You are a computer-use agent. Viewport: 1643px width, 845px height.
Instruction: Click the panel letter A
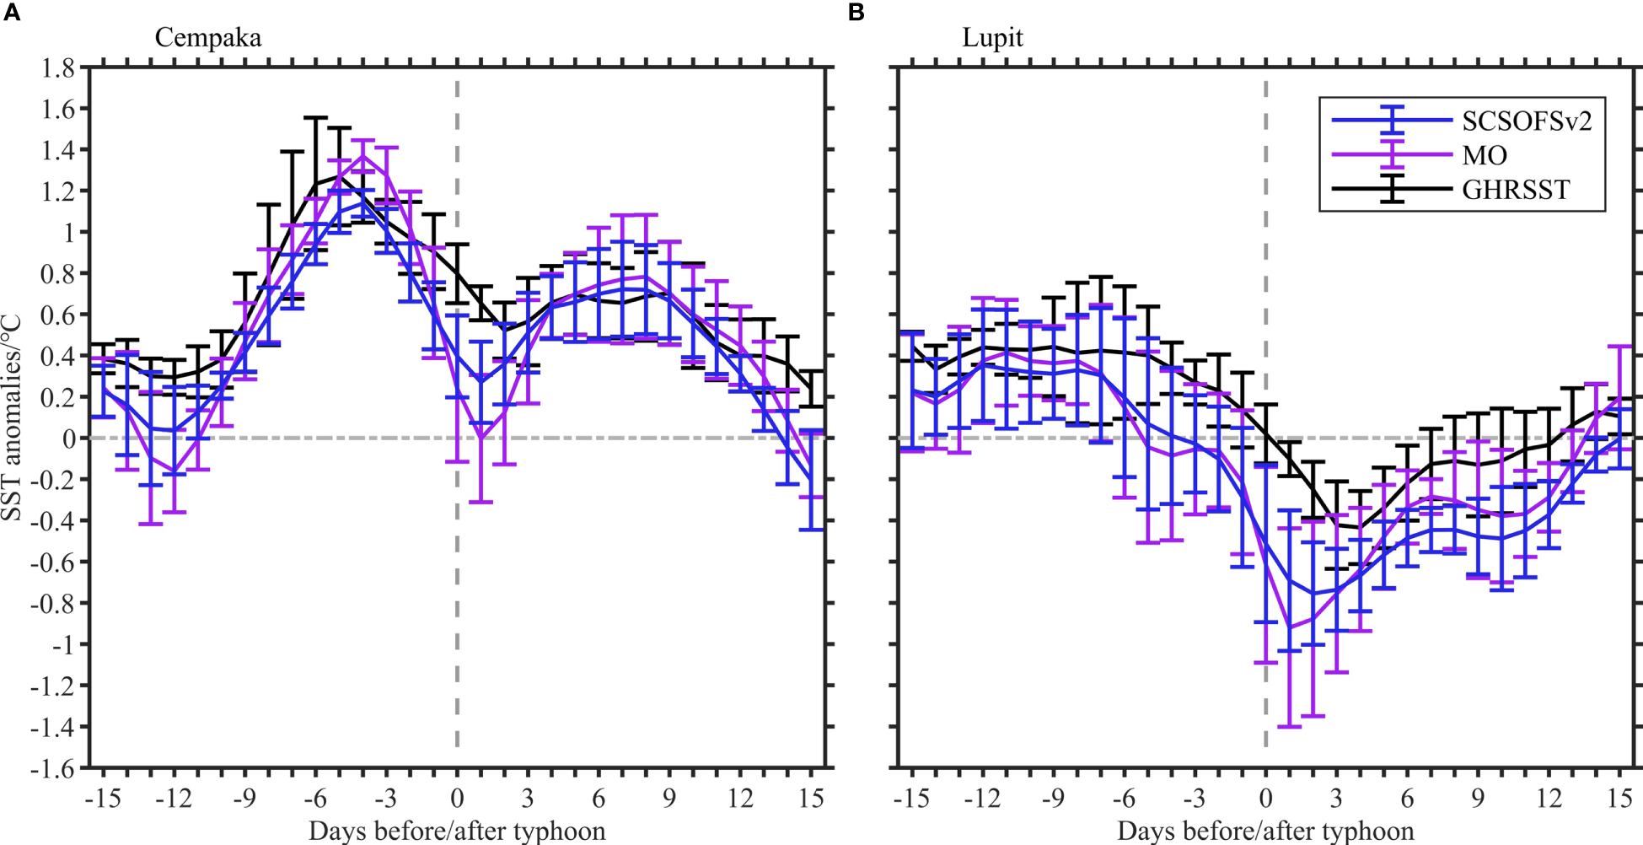pos(11,13)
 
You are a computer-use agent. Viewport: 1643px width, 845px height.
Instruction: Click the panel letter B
pos(856,13)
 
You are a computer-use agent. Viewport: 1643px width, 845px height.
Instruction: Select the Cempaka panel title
pos(207,38)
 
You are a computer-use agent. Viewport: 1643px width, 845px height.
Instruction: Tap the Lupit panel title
pos(992,38)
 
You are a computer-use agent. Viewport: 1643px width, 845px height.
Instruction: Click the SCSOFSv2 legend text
pos(1527,121)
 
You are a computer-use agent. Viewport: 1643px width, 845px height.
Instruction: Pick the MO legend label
pos(1485,156)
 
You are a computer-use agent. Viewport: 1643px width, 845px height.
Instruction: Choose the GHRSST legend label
pos(1516,191)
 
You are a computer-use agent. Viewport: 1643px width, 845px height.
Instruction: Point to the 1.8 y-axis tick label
pos(58,67)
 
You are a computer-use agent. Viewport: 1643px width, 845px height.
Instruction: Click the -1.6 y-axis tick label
pos(52,768)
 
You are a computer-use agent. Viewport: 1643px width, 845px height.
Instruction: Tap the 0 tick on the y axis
pos(68,439)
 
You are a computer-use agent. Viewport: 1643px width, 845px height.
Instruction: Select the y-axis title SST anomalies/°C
pos(12,418)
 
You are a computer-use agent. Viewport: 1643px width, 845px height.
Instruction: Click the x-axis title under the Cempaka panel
pos(456,831)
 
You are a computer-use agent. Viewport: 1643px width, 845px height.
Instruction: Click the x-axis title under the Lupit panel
pos(1264,831)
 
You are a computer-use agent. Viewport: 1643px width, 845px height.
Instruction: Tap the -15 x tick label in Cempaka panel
pos(103,798)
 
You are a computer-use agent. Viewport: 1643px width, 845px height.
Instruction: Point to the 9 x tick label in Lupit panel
pos(1478,798)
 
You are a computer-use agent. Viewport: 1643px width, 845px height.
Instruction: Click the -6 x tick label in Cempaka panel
pos(315,798)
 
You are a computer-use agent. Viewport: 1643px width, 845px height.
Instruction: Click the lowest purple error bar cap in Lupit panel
pos(1289,726)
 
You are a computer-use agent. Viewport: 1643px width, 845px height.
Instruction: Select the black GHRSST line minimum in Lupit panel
pos(1360,528)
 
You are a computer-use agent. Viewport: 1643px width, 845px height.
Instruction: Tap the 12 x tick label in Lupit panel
pos(1549,798)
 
